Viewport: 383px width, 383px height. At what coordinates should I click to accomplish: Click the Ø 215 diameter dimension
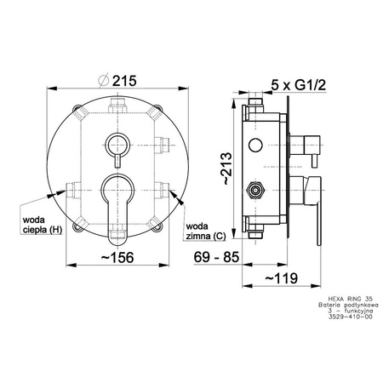(117, 81)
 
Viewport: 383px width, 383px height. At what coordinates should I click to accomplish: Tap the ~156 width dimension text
(117, 258)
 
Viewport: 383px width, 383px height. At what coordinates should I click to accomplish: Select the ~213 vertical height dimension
(227, 169)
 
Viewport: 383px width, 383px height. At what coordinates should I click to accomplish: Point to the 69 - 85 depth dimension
(216, 257)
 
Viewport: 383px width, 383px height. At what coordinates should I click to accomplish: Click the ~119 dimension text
(282, 278)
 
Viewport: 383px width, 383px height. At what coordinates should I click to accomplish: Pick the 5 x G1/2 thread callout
(299, 84)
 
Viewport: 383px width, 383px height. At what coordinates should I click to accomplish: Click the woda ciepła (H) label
(43, 225)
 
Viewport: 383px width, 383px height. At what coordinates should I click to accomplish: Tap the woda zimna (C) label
(206, 232)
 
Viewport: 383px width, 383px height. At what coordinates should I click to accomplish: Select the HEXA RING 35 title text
(351, 299)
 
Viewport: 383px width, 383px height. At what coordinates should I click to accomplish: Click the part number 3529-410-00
(350, 317)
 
